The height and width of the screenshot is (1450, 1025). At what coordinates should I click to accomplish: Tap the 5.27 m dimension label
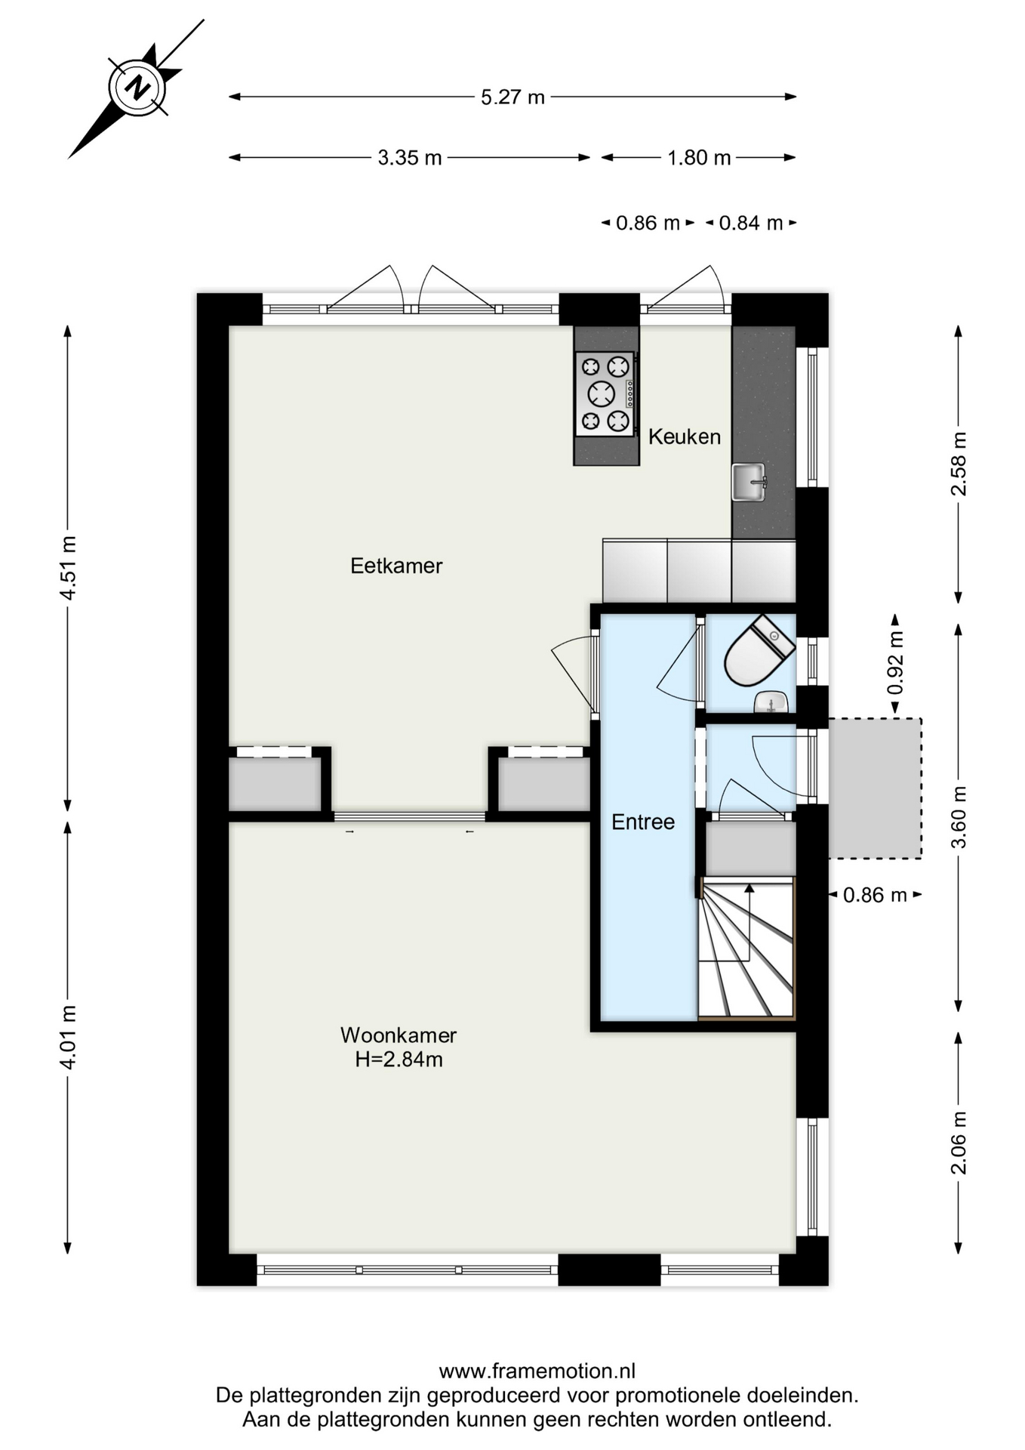click(x=512, y=97)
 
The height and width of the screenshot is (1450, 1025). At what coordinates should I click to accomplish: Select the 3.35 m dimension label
click(x=409, y=158)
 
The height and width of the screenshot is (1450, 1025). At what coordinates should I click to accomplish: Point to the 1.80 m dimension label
click(x=699, y=158)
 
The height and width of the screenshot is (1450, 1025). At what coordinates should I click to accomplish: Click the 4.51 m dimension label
click(x=68, y=567)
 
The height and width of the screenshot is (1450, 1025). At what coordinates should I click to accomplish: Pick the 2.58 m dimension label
click(x=959, y=464)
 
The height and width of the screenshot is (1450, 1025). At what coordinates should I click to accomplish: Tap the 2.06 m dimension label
click(x=959, y=1143)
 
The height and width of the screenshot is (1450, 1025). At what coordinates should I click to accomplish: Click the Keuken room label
click(x=685, y=437)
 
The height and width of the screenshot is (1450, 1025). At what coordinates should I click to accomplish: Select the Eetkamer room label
click(x=396, y=566)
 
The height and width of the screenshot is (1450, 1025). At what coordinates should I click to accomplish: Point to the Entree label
click(x=643, y=822)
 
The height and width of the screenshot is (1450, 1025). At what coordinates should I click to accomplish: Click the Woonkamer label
click(x=399, y=1035)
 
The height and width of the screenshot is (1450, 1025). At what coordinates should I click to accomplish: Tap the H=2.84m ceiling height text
click(x=399, y=1060)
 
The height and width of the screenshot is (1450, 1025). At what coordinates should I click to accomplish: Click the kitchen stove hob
click(x=605, y=393)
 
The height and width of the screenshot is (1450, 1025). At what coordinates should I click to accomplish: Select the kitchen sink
click(x=749, y=482)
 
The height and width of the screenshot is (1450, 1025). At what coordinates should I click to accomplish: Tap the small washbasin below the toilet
click(x=771, y=703)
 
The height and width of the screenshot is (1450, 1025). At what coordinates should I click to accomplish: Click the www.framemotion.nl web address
click(x=537, y=1371)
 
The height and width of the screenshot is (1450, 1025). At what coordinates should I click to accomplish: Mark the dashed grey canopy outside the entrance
click(x=875, y=788)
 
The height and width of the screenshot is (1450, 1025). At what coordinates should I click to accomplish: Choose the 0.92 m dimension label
click(x=895, y=662)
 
